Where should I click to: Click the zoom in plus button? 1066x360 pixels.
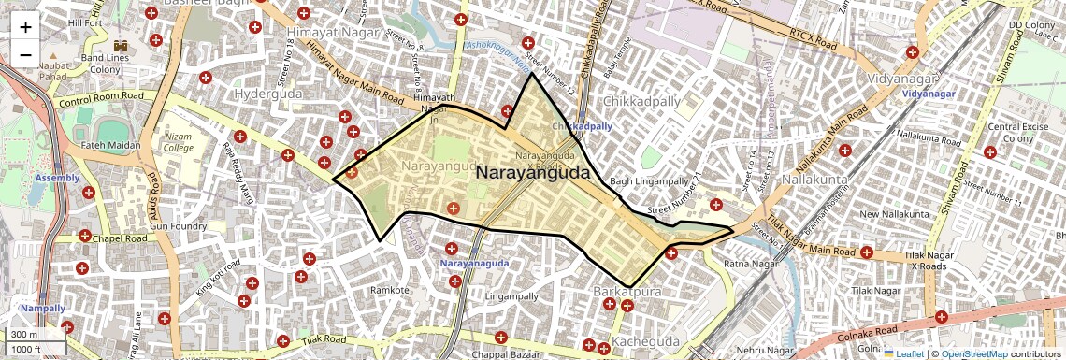click(25, 27)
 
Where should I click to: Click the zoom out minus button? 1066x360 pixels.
click(25, 54)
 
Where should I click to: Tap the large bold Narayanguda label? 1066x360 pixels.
click(533, 173)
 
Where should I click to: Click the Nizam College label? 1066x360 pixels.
click(178, 142)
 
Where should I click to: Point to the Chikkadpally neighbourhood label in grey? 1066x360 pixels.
click(632, 100)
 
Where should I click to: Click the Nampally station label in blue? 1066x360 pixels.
click(43, 308)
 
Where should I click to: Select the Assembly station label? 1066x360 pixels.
click(58, 177)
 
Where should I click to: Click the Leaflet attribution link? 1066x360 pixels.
click(903, 353)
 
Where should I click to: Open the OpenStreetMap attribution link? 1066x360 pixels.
click(974, 353)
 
